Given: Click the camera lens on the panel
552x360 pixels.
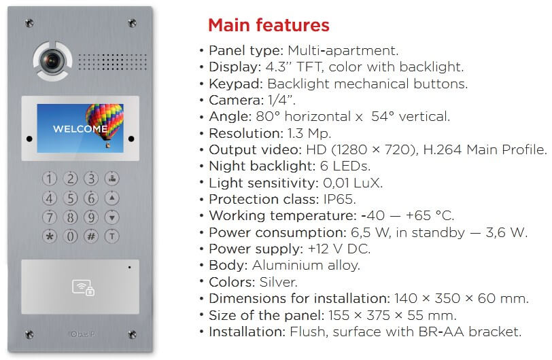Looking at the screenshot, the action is (x=52, y=60).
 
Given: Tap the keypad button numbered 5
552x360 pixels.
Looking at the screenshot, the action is (x=71, y=198).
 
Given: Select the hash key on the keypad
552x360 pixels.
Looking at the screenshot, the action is (x=91, y=236).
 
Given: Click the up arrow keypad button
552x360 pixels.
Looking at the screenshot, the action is (x=112, y=198).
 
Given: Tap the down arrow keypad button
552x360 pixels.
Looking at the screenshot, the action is (x=112, y=217).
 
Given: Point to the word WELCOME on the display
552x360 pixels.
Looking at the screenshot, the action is (x=80, y=129).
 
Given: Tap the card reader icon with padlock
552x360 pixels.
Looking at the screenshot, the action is (x=84, y=287).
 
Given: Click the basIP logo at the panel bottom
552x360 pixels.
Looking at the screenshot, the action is (x=82, y=334).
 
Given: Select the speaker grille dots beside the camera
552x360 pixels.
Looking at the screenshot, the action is (x=112, y=62).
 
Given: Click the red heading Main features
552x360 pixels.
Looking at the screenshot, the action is (x=269, y=25).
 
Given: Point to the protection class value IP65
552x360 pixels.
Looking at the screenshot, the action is (x=339, y=199).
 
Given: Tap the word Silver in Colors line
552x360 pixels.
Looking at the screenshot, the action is (x=279, y=282).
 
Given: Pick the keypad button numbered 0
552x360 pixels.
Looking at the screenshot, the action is (x=71, y=236).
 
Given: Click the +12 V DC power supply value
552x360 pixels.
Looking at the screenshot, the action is (x=339, y=249).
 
